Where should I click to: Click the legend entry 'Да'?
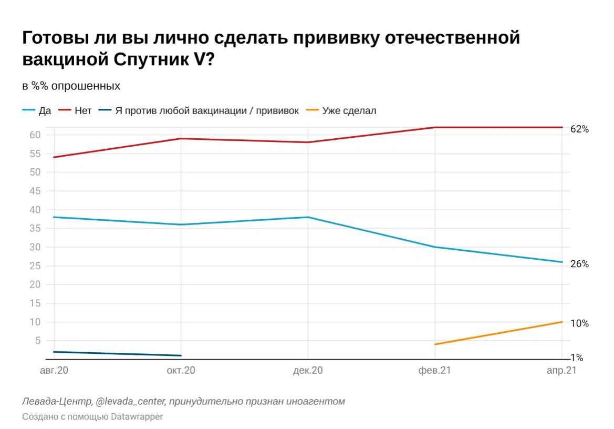click(44, 111)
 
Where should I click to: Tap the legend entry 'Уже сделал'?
click(349, 111)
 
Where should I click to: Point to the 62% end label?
click(579, 129)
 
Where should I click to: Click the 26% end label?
click(579, 264)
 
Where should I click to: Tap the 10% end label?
click(579, 324)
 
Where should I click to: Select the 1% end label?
click(577, 358)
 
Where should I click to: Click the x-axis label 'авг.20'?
click(55, 371)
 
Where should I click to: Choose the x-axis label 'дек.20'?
click(308, 371)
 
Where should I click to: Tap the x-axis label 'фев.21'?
click(435, 371)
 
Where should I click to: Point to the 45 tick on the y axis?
click(34, 191)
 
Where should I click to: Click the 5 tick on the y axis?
click(37, 341)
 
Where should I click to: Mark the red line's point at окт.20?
click(181, 139)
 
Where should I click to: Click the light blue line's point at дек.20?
click(308, 217)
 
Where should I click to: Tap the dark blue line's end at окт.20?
click(181, 355)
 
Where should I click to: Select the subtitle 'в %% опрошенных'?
click(71, 86)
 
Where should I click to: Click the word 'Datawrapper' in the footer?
click(138, 417)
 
